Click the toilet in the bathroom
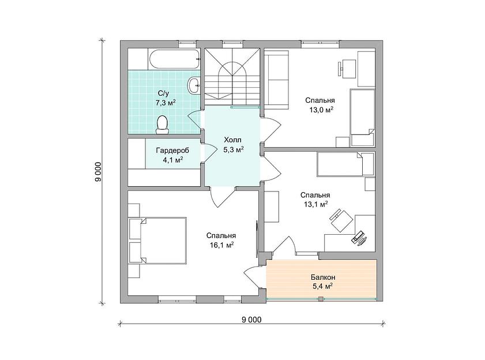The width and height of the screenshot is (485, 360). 162,125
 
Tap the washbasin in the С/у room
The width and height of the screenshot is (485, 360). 194,84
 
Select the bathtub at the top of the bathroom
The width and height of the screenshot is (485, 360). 174,59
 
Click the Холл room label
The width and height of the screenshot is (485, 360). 232,141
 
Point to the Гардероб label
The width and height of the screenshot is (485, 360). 172,151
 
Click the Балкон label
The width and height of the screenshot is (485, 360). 323,277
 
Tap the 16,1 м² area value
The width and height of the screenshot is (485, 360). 221,245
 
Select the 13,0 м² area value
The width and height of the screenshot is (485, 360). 321,110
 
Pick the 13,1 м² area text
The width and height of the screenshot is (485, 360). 316,204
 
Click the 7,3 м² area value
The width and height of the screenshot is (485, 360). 166,103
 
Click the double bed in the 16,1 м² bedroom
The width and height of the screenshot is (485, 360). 163,241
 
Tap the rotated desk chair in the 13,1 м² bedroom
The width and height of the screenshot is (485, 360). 341,220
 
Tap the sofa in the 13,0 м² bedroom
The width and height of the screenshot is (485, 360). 277,80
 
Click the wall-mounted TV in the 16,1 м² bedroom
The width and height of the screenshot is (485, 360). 257,238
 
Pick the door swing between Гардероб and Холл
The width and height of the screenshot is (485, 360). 209,153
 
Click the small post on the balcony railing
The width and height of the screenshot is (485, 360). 321,299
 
